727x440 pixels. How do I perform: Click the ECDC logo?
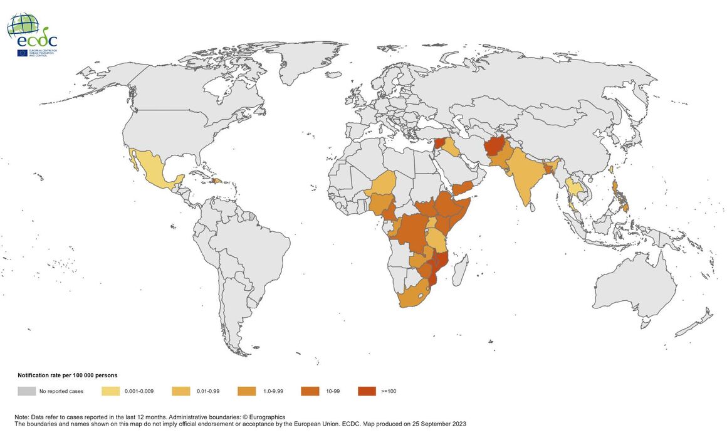(33, 35)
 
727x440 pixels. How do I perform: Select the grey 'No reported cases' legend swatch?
(26, 391)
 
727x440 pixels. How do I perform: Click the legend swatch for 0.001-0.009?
(110, 391)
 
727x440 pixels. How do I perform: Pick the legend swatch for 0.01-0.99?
(181, 391)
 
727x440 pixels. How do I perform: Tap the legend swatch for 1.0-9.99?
(247, 391)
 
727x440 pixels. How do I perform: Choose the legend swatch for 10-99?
(310, 391)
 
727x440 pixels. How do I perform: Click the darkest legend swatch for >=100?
(367, 391)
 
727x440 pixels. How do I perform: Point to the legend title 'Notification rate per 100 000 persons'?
(67, 375)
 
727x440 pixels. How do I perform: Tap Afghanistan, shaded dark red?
(495, 147)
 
